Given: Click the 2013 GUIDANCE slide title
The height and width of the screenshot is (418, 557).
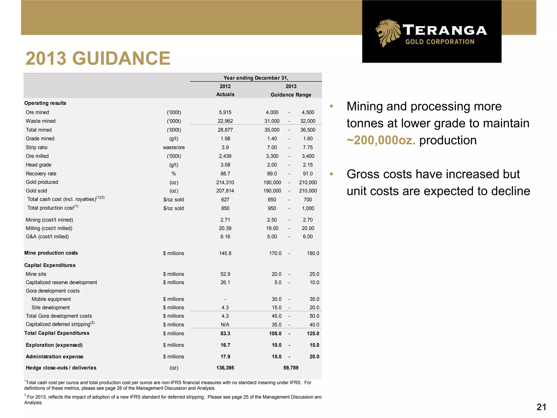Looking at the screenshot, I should (98, 58).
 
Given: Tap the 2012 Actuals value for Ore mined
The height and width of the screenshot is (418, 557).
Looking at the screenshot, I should (225, 112).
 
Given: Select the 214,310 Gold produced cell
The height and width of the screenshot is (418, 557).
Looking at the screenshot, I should (225, 182).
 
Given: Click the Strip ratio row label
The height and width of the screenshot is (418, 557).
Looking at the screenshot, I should (37, 147).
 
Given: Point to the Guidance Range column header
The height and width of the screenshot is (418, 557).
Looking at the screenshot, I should (291, 95).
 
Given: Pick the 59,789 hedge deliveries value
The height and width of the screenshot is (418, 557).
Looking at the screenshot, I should (291, 368).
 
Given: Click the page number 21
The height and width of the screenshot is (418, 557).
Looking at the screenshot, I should (541, 407).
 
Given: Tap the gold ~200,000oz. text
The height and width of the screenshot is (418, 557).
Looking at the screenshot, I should (381, 140).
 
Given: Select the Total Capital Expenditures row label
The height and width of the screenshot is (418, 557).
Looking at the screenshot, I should (57, 333).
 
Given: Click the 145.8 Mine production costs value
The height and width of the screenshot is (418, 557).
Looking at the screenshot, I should (225, 253).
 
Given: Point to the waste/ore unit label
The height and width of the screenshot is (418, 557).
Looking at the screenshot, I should (174, 147).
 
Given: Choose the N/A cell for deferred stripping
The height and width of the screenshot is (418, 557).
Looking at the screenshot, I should (225, 325).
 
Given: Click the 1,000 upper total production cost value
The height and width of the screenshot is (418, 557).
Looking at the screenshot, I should (308, 208).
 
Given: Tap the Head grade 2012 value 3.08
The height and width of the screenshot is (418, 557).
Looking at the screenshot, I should (225, 165).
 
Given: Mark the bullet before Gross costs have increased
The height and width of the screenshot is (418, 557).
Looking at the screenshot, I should (331, 174).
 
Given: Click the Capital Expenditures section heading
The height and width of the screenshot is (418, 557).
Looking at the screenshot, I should (50, 265).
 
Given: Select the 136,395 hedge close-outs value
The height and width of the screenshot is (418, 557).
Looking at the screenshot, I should (225, 368).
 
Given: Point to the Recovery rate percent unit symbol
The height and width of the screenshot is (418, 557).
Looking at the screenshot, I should (174, 174).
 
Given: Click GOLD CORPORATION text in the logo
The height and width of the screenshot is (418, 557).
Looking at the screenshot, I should (440, 42).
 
